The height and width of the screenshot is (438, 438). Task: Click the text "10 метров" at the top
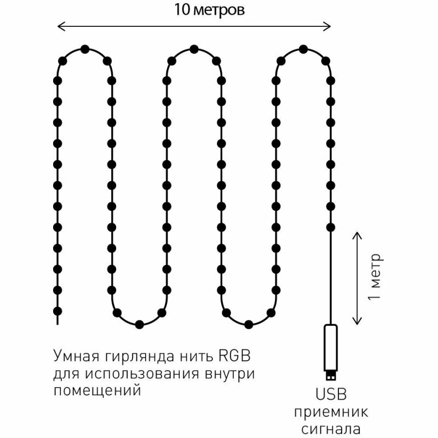click(209, 10)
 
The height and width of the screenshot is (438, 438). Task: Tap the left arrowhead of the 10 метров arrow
click(60, 26)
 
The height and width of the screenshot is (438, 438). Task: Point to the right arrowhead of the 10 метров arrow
click(329, 26)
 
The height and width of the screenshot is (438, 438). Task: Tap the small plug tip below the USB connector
click(331, 377)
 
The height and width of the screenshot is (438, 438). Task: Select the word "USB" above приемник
click(331, 395)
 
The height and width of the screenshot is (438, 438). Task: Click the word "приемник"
click(331, 412)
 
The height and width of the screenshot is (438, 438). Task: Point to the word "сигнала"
click(331, 427)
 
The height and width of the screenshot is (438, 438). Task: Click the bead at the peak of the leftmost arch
click(84, 49)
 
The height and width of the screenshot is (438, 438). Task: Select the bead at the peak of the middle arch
click(194, 49)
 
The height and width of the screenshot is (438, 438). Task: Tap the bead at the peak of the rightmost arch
click(303, 49)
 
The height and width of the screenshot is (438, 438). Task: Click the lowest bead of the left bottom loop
click(139, 324)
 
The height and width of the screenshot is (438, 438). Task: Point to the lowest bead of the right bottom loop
click(249, 324)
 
